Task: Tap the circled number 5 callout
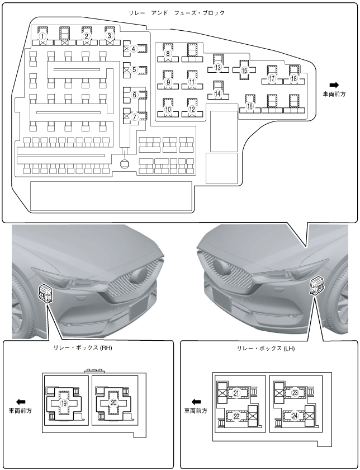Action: (134, 70)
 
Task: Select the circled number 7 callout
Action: (134, 117)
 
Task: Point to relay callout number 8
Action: (167, 54)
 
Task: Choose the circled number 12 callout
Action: (192, 109)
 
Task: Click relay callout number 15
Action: (244, 71)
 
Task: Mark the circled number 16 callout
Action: (249, 106)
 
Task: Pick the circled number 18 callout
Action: (293, 79)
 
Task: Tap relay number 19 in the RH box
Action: (64, 403)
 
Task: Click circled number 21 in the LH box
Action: (236, 393)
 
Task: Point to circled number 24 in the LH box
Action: (294, 416)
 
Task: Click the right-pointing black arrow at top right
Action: (335, 84)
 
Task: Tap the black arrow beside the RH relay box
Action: (21, 402)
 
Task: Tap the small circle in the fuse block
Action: (125, 163)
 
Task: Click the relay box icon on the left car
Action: (44, 293)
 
